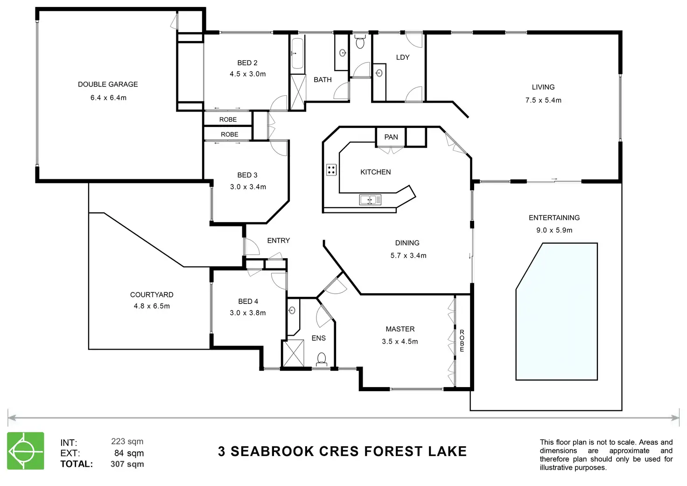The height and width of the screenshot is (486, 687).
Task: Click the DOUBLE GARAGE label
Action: [108, 85]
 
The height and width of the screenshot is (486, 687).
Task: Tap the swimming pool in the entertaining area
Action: [556, 311]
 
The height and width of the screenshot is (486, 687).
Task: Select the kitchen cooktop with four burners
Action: [331, 169]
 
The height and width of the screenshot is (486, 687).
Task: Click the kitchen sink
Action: [370, 200]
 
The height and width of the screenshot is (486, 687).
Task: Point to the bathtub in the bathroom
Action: [297, 54]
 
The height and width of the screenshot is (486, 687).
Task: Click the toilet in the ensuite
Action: [321, 359]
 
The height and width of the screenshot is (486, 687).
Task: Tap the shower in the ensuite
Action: [293, 354]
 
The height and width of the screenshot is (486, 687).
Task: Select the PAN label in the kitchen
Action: [391, 137]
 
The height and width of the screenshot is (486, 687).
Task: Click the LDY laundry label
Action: [403, 57]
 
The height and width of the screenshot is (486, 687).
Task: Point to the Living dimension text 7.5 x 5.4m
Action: [543, 100]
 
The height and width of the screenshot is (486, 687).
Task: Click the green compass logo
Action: [26, 451]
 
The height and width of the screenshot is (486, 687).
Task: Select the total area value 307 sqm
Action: [127, 464]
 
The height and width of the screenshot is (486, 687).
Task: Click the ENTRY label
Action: [279, 240]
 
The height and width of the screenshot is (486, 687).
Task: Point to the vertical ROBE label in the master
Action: [462, 341]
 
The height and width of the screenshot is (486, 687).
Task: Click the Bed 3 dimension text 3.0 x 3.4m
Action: [248, 187]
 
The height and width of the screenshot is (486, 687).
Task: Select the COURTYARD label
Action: [152, 295]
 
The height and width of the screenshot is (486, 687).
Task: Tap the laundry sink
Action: [379, 73]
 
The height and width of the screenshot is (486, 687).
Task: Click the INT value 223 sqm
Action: [127, 442]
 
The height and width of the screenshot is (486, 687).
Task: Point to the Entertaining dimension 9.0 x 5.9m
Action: [554, 230]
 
